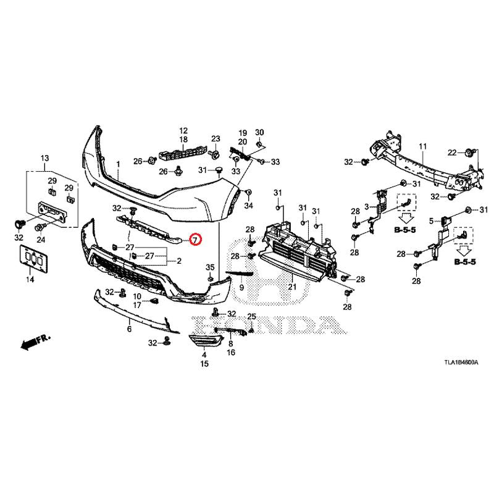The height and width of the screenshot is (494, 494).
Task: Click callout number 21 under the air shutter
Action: point(292,287)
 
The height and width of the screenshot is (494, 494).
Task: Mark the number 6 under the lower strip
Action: point(129,330)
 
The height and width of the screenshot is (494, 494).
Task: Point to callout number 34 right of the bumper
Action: point(248,206)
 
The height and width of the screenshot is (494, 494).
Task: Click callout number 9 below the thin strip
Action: point(241,288)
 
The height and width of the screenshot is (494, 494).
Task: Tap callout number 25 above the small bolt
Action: point(251,317)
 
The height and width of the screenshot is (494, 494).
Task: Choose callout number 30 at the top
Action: point(259,133)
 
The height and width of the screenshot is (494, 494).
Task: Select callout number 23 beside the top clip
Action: point(216,138)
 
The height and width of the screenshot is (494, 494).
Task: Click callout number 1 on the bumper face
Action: point(118,165)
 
